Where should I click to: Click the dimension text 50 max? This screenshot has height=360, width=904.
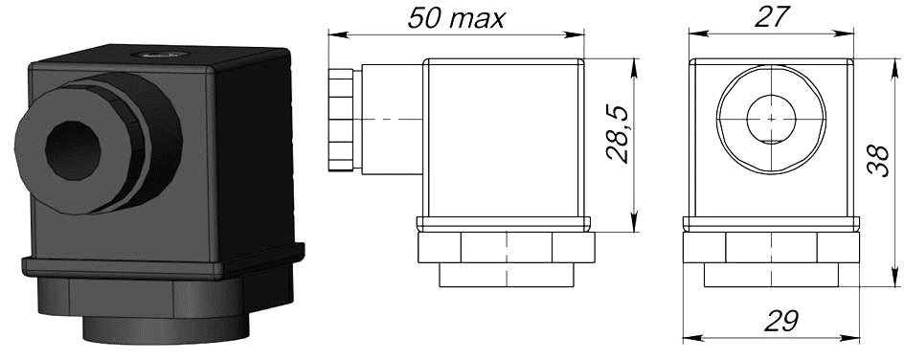tap(455, 18)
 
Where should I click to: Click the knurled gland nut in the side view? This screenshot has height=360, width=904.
tap(340, 120)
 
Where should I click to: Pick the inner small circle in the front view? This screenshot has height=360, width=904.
tap(771, 119)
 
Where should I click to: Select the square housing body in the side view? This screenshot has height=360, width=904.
tap(503, 139)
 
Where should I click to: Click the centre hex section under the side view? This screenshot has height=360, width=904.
tap(506, 250)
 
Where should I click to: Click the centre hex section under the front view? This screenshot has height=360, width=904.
tap(771, 250)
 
